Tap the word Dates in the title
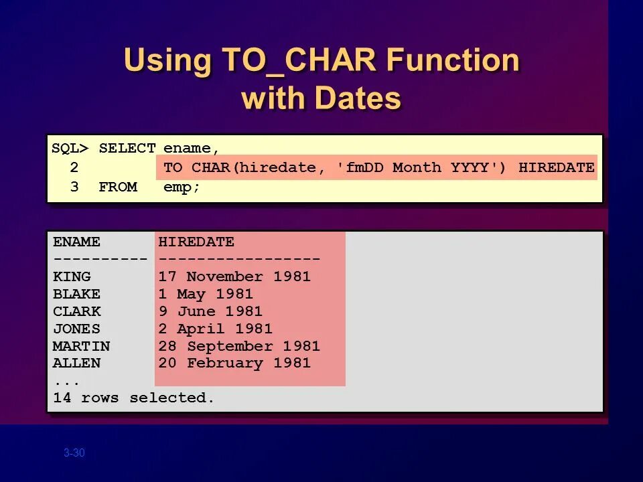[x=358, y=98]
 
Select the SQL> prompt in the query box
[x=70, y=149]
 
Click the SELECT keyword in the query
[x=127, y=149]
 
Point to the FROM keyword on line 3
[x=118, y=187]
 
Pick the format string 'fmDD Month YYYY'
[x=421, y=167]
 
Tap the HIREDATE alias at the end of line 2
[x=556, y=167]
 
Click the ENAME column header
[x=76, y=242]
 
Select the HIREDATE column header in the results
[x=196, y=242]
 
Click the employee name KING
[x=72, y=276]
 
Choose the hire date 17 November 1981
[x=234, y=276]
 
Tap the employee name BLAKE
[x=76, y=294]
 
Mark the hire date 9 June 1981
[x=210, y=311]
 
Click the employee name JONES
[x=76, y=329]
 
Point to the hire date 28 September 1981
[x=239, y=346]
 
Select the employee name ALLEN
[x=76, y=364]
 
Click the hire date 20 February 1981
[x=234, y=364]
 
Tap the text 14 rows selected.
[x=134, y=398]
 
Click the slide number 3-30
[x=74, y=453]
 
